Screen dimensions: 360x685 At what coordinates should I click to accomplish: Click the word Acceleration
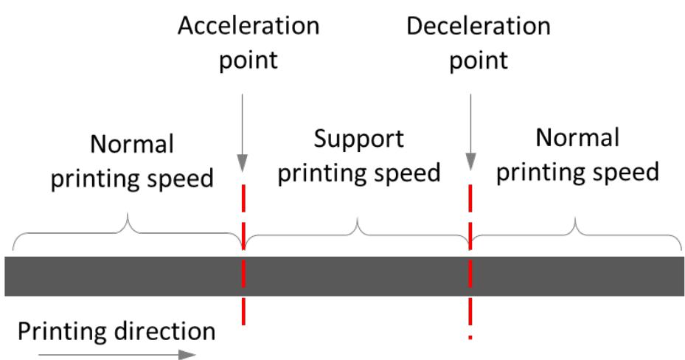point(248,27)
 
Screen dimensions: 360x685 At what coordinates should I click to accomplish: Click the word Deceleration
point(479,27)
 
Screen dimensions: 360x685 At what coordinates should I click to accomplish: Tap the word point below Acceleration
point(248,60)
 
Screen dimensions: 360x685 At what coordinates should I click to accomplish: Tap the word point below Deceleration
point(479,60)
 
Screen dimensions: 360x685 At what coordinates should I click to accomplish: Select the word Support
point(359,139)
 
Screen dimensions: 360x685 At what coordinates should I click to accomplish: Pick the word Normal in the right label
point(577,138)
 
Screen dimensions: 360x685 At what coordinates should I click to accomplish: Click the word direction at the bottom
point(162,330)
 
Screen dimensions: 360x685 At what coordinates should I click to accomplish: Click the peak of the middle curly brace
point(358,219)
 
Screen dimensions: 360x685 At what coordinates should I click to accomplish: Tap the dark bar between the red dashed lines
point(357,276)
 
